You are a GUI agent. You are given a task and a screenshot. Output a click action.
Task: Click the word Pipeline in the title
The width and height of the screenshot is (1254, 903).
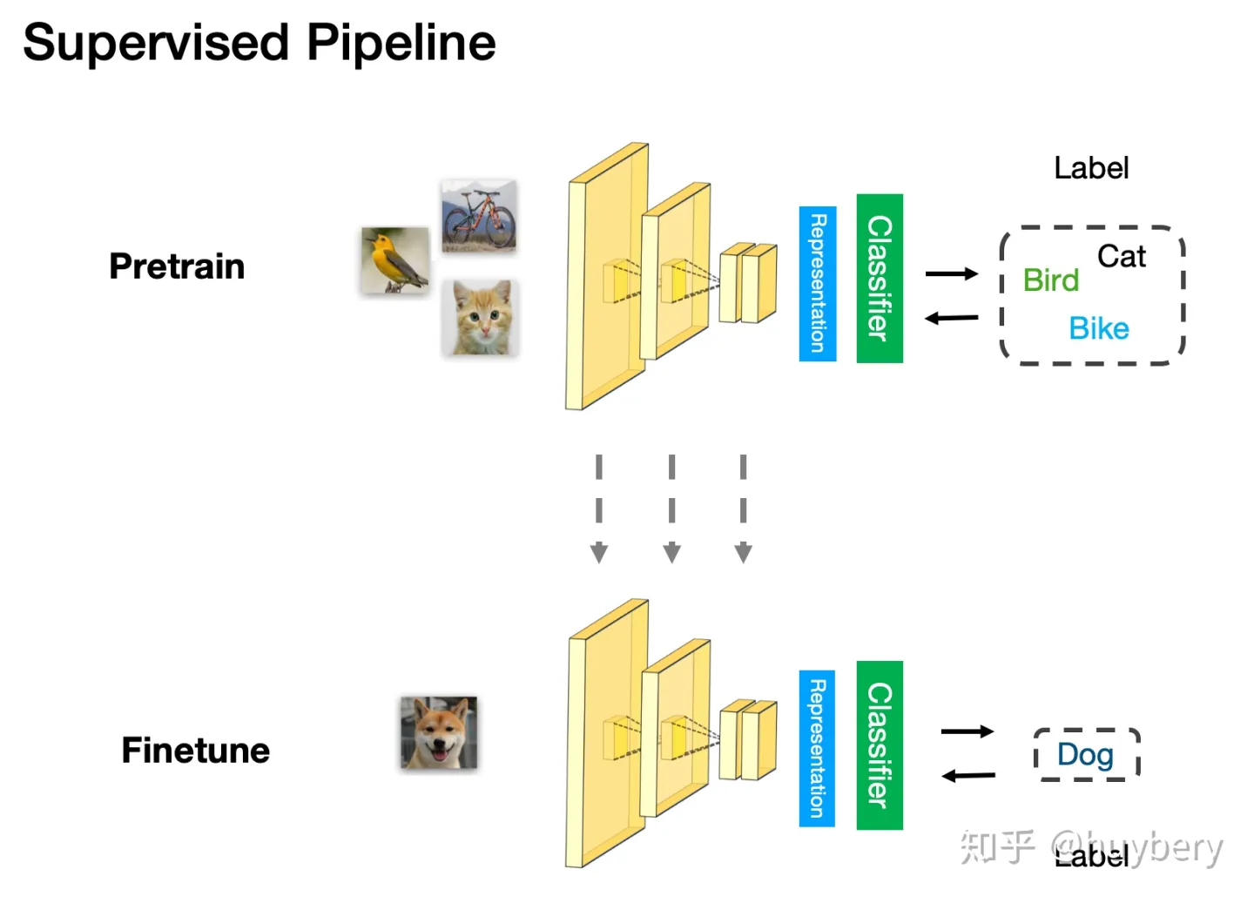pyautogui.click(x=401, y=44)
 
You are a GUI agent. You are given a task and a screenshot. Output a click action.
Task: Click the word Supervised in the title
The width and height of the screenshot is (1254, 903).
pyautogui.click(x=156, y=44)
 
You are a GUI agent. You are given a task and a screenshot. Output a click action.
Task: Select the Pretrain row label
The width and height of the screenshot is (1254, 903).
pyautogui.click(x=177, y=266)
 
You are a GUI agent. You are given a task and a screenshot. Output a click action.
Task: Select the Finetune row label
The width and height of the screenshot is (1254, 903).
pyautogui.click(x=196, y=751)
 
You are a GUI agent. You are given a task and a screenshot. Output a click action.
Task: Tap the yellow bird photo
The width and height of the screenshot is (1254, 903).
pyautogui.click(x=395, y=259)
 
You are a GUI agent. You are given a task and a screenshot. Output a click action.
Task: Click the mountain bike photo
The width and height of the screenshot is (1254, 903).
pyautogui.click(x=479, y=216)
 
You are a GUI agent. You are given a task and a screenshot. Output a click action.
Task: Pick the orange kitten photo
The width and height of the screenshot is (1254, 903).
pyautogui.click(x=481, y=318)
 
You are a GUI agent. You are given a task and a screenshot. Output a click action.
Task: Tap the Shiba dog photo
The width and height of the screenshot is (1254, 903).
pyautogui.click(x=439, y=733)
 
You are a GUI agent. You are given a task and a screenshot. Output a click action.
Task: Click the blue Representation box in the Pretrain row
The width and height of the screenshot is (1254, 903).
pyautogui.click(x=818, y=284)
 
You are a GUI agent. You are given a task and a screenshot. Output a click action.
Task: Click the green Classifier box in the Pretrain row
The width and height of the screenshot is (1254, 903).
pyautogui.click(x=880, y=279)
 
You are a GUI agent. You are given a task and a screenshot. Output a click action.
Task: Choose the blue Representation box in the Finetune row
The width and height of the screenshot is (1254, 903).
pyautogui.click(x=817, y=749)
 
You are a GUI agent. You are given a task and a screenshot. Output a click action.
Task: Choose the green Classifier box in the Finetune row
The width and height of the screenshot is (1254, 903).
pyautogui.click(x=880, y=745)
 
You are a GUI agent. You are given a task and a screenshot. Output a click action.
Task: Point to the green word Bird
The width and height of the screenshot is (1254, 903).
pyautogui.click(x=1051, y=280)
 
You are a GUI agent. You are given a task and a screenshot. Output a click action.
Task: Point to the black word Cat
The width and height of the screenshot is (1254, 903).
pyautogui.click(x=1121, y=256)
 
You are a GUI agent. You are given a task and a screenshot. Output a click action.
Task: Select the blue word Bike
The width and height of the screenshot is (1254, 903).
pyautogui.click(x=1099, y=328)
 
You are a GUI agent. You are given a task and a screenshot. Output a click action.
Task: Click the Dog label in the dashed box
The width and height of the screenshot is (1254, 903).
pyautogui.click(x=1085, y=754)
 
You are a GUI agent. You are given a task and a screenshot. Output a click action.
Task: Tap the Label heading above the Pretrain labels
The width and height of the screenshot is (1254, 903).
pyautogui.click(x=1091, y=168)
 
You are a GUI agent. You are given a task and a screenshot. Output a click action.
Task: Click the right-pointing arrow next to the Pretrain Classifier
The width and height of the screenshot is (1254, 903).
pyautogui.click(x=952, y=273)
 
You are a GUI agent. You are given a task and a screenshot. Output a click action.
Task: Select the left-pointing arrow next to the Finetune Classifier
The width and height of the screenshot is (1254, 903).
pyautogui.click(x=968, y=775)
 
